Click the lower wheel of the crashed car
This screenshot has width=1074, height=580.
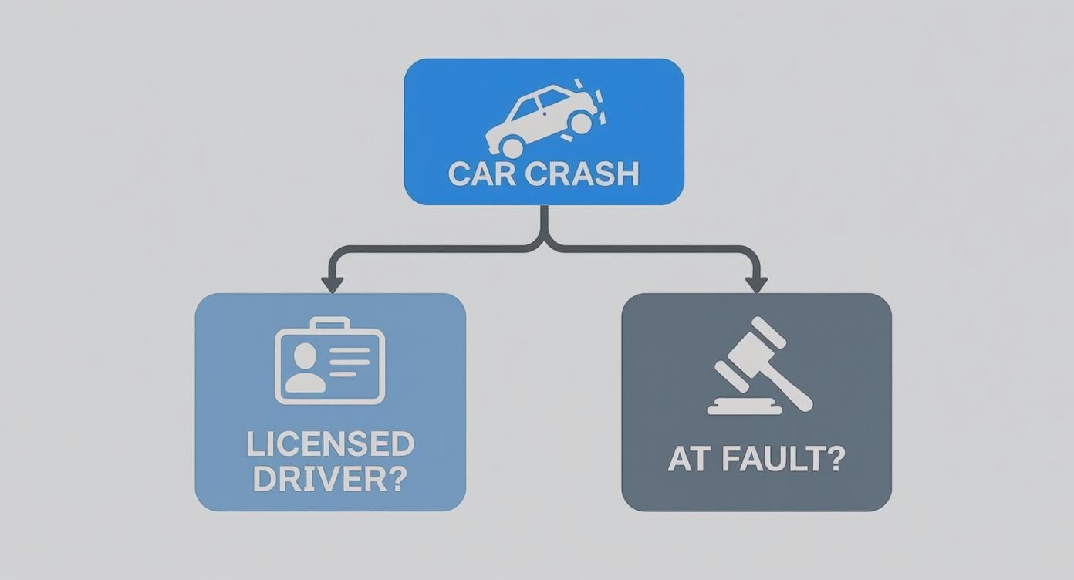coord(510,145)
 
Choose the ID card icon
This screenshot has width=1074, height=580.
coord(329,362)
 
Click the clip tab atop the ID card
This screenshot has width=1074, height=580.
coord(329,323)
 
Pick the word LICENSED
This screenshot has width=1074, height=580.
coord(330,445)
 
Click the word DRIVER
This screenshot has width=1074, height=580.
coord(315,479)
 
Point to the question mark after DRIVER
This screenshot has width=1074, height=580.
coord(394,479)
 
